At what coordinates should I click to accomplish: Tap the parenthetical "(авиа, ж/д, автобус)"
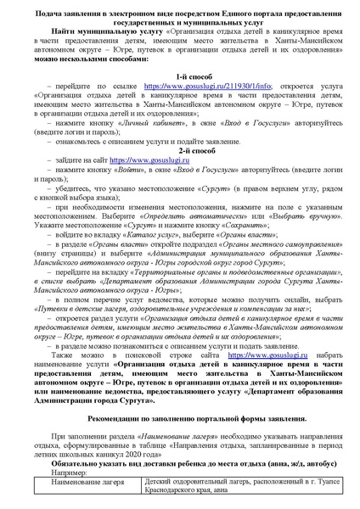pos(286,461)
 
